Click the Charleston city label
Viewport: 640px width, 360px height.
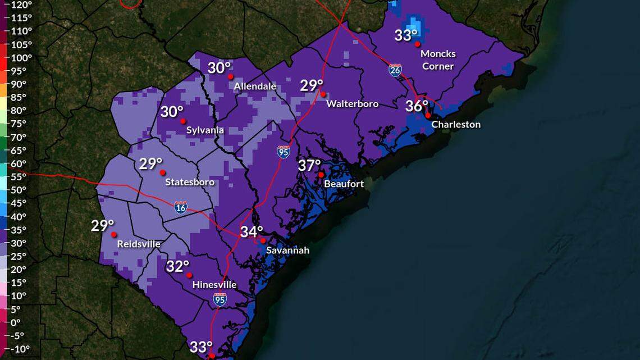(455, 125)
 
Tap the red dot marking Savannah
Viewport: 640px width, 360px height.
(263, 240)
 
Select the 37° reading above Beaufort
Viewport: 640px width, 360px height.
(309, 166)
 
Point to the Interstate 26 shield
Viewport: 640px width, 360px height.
(395, 70)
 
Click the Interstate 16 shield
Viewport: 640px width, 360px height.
(180, 207)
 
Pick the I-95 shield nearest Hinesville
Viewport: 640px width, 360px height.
(220, 300)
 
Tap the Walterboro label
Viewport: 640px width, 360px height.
(352, 104)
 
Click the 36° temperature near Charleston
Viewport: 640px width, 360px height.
(417, 106)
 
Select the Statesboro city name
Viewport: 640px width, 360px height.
(189, 183)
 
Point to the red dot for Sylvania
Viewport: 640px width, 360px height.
(183, 121)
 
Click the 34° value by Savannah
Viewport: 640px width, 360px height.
(252, 231)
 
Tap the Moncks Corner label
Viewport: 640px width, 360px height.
(438, 60)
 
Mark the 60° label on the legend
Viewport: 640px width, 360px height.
(19, 163)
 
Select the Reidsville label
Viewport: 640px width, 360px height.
(139, 244)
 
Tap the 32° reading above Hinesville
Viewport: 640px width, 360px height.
(177, 266)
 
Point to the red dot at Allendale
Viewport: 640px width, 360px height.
(230, 76)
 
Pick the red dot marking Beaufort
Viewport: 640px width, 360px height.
(321, 175)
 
